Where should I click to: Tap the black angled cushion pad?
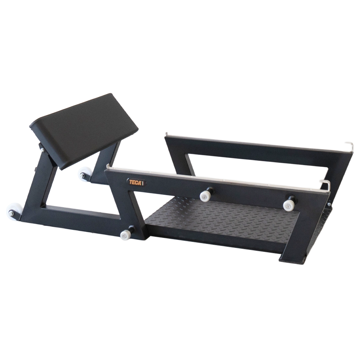click(84, 130)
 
